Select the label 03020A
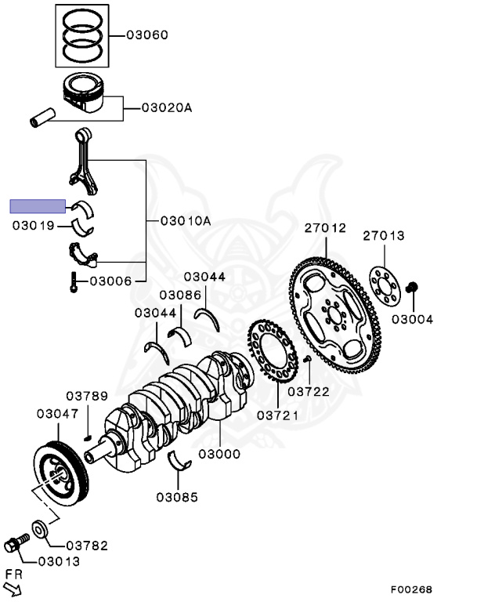tap(166, 107)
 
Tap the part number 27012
tap(325, 228)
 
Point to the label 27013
tap(384, 235)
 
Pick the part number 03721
tap(277, 415)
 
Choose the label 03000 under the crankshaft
tap(219, 454)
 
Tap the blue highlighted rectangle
tap(37, 206)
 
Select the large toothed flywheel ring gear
tap(334, 314)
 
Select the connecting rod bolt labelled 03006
tap(73, 281)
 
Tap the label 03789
tap(86, 396)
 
